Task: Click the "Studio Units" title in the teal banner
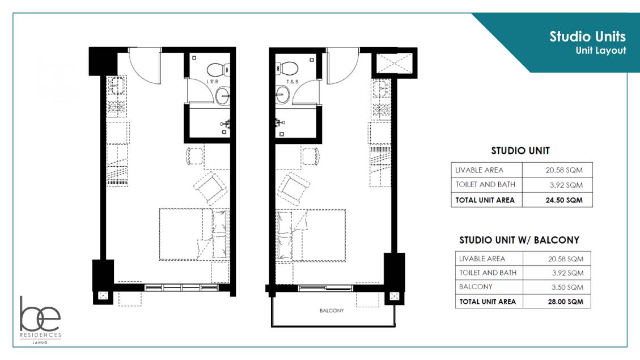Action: pos(587,37)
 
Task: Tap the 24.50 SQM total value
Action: pos(564,200)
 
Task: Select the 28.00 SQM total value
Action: pos(566,302)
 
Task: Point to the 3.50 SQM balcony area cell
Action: pos(567,287)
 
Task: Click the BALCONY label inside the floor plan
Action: pos(332,311)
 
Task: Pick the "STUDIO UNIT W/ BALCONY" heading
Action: pos(519,240)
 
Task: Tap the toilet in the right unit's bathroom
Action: pos(287,68)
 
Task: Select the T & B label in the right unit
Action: pos(293,82)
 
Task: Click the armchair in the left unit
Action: pos(210,188)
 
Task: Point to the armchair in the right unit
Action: pos(294,189)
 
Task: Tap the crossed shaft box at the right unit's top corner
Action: pos(395,63)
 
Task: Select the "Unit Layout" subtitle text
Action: pos(601,50)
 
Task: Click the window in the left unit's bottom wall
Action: pos(181,288)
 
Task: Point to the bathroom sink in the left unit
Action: pos(222,97)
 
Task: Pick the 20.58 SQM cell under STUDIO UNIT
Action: pos(564,170)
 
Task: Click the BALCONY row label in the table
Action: pos(476,286)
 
